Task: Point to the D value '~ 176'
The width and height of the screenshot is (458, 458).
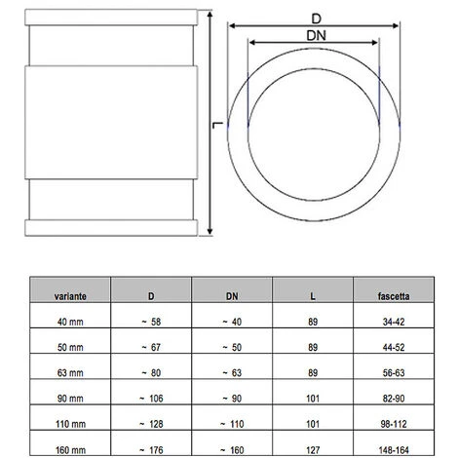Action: [150, 449]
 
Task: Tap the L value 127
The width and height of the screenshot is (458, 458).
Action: [311, 449]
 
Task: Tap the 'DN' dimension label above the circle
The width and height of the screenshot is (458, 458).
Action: [313, 36]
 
